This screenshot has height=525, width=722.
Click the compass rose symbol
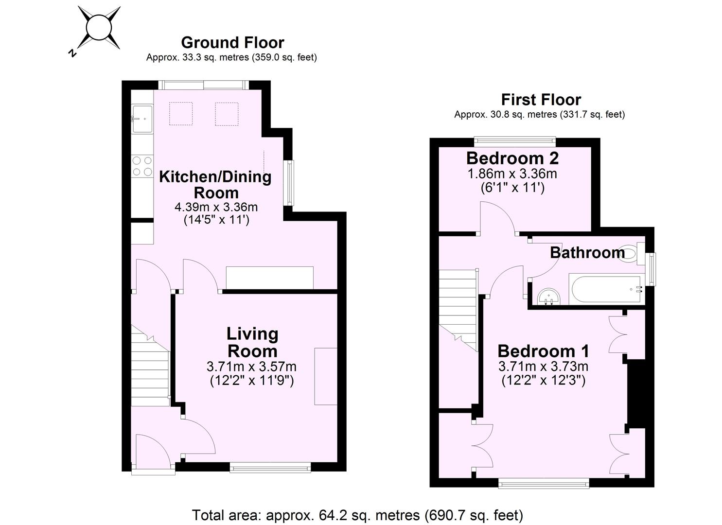[99, 28]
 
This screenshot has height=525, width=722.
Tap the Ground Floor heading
[232, 42]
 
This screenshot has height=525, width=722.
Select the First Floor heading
[541, 100]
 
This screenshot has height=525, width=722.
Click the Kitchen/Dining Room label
[215, 184]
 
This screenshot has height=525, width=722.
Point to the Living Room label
[252, 342]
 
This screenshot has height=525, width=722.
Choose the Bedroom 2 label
[512, 158]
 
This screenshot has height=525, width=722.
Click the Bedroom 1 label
[543, 350]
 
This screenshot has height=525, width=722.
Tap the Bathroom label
[587, 252]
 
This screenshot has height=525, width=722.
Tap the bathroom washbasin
[549, 296]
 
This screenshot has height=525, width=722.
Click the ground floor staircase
[150, 367]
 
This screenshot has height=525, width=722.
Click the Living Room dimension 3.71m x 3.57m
[251, 366]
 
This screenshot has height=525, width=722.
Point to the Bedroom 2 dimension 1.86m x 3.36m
[512, 174]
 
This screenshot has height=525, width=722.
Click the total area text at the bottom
[357, 515]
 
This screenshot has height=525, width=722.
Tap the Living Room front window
[270, 468]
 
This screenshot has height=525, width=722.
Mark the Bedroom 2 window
[515, 141]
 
